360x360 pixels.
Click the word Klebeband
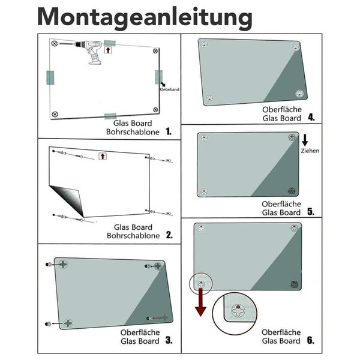tap(170, 89)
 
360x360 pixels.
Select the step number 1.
tap(169, 130)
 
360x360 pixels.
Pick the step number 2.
tap(169, 235)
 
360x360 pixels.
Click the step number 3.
tap(169, 341)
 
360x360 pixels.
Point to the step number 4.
tap(311, 118)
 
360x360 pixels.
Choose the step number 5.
tap(311, 212)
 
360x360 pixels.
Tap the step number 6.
tap(310, 340)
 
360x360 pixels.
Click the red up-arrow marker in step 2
tap(102, 156)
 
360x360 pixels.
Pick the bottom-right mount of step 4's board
tap(298, 92)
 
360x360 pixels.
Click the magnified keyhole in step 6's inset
tap(240, 311)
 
